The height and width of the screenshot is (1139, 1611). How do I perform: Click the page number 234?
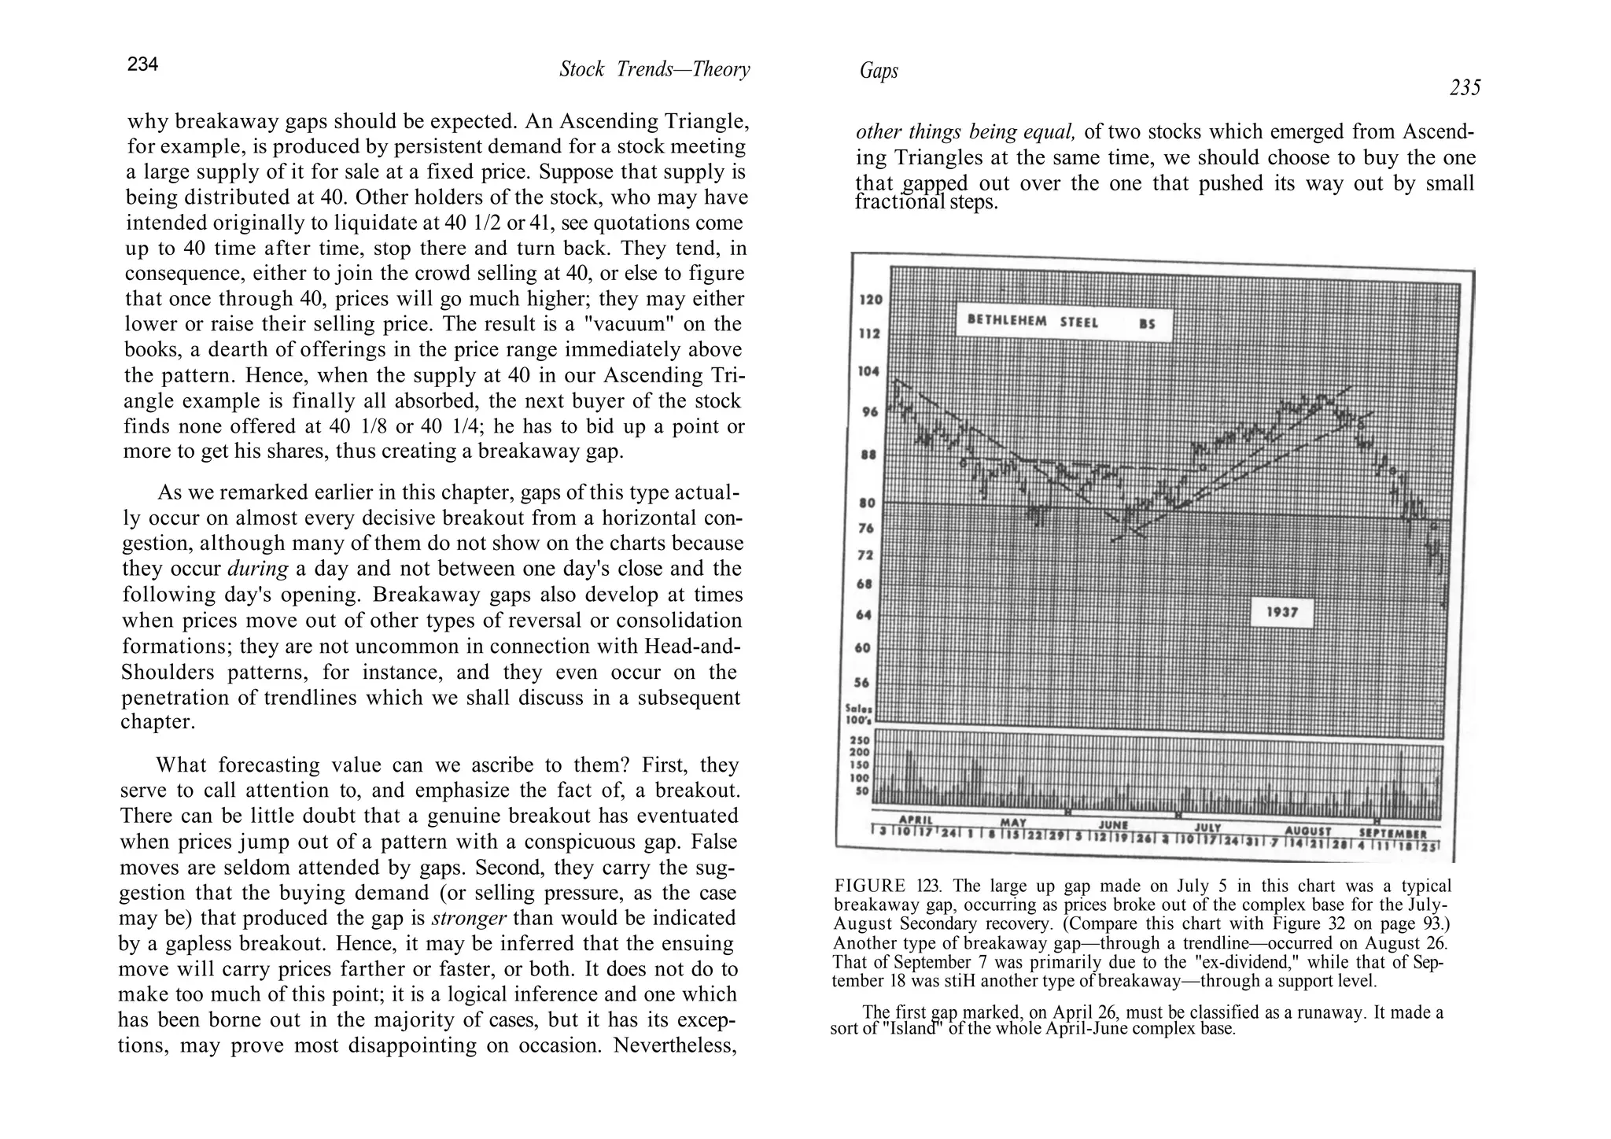click(x=143, y=65)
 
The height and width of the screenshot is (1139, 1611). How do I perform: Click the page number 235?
click(x=1465, y=88)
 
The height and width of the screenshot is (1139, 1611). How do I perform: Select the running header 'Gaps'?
click(x=879, y=72)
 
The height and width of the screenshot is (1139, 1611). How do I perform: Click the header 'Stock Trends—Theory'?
click(x=654, y=70)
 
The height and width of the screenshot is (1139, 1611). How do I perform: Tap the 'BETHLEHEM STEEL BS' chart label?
click(x=1062, y=323)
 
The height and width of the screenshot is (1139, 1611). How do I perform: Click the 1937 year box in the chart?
click(x=1282, y=612)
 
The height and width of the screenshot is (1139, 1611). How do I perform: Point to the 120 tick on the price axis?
click(x=872, y=300)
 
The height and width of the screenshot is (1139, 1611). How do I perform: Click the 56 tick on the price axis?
click(x=862, y=683)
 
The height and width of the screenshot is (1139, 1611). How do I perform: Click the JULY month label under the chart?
click(x=1207, y=828)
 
